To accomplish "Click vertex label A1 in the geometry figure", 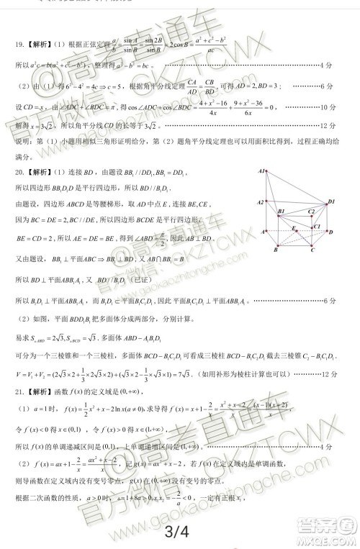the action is [x=264, y=172].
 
